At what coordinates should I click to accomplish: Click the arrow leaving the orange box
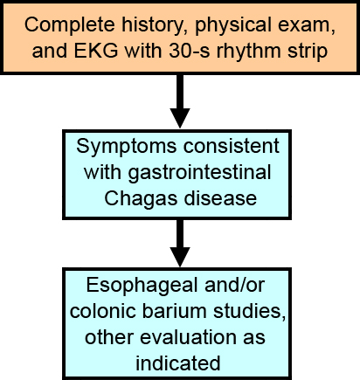point(179,105)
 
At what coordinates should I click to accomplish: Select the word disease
point(218,198)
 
